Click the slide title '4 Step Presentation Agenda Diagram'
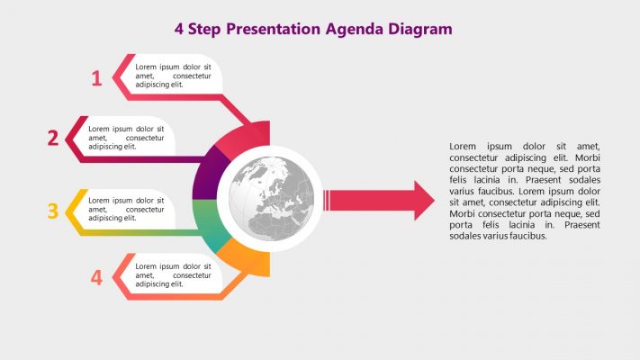pyautogui.click(x=313, y=29)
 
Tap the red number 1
pyautogui.click(x=96, y=78)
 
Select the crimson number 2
pyautogui.click(x=53, y=138)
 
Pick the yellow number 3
pyautogui.click(x=53, y=211)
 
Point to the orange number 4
pyautogui.click(x=96, y=277)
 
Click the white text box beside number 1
pyautogui.click(x=176, y=75)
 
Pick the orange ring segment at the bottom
pyautogui.click(x=245, y=257)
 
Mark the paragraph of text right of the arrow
pyautogui.click(x=524, y=191)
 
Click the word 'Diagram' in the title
pyautogui.click(x=419, y=29)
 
